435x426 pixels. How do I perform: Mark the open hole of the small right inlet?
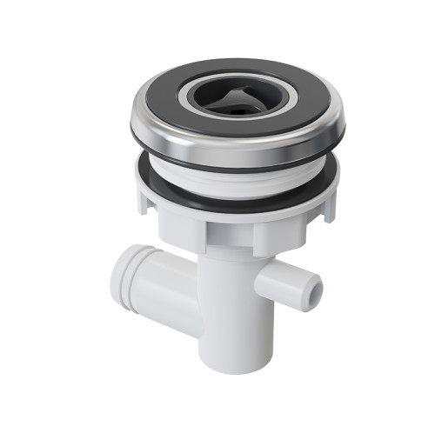coord(317,284)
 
